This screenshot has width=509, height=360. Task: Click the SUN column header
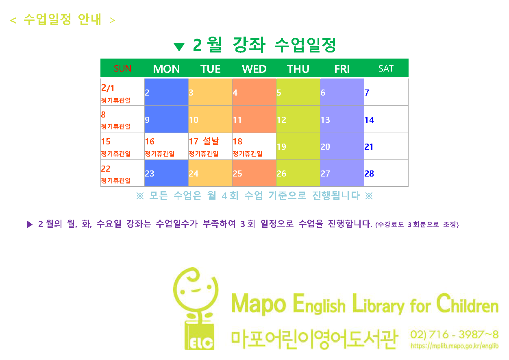[122, 68]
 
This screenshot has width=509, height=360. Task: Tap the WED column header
[254, 69]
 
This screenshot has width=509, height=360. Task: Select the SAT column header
[386, 68]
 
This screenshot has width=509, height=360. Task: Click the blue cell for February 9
[166, 120]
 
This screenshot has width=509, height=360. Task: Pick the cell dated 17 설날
[210, 146]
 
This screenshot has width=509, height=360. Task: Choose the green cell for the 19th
[298, 146]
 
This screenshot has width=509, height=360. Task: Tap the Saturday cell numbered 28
[386, 173]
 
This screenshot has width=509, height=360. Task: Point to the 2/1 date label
[108, 88]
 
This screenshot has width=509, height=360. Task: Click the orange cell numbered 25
[254, 173]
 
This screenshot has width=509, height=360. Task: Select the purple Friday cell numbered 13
[342, 120]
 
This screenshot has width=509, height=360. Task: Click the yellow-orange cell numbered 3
[210, 92]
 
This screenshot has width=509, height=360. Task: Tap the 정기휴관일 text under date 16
[160, 154]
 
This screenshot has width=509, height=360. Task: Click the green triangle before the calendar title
[179, 47]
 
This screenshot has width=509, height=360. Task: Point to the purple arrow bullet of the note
[30, 224]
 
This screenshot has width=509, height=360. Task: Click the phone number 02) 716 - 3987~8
[454, 334]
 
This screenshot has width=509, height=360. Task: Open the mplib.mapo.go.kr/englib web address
[454, 346]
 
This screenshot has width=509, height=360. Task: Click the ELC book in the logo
[199, 336]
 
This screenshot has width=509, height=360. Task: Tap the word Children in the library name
[467, 303]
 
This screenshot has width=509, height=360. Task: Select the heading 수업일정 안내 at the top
[63, 20]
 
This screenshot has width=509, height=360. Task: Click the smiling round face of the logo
[196, 290]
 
